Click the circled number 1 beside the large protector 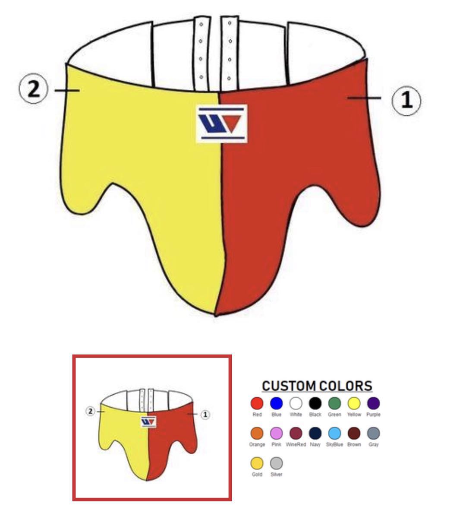406,100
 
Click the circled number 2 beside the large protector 33,89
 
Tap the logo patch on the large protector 222,124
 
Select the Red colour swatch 257,403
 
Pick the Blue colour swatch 276,403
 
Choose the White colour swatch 296,403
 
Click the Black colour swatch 315,403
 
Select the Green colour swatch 334,403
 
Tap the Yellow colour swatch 354,403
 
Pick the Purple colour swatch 373,403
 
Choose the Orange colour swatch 257,433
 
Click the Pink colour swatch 276,433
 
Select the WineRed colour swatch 296,433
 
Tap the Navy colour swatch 315,433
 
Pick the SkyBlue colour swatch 334,433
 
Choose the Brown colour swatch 354,433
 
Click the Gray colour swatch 373,433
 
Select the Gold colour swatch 257,463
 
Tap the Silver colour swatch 276,463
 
